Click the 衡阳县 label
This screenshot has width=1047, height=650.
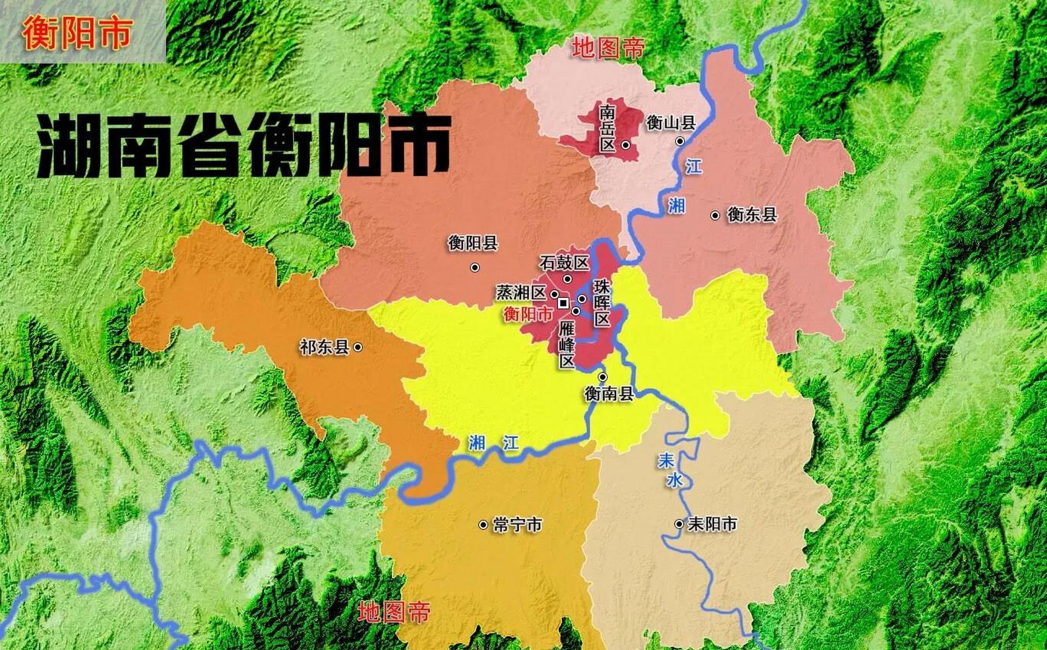click(x=473, y=244)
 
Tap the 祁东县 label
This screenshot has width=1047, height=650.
click(x=324, y=348)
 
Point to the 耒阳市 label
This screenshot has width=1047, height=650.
click(x=712, y=524)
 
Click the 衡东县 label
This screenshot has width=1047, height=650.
click(x=752, y=215)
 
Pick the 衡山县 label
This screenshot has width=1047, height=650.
click(x=670, y=123)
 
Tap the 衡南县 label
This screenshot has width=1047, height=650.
click(x=609, y=394)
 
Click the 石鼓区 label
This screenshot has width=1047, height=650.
click(x=564, y=263)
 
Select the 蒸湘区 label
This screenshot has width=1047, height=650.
click(x=520, y=293)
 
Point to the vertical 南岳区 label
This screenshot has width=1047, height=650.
click(x=607, y=128)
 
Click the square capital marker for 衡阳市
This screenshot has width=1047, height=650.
click(x=563, y=303)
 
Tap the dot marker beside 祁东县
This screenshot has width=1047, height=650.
click(x=357, y=347)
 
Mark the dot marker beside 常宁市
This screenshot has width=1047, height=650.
click(x=483, y=525)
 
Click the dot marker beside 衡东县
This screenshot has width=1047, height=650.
click(x=715, y=215)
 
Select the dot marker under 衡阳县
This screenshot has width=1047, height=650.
click(x=475, y=267)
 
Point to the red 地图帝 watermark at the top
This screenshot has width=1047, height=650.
click(x=608, y=48)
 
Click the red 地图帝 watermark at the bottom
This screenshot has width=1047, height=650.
click(x=394, y=612)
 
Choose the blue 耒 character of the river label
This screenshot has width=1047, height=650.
click(x=665, y=461)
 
